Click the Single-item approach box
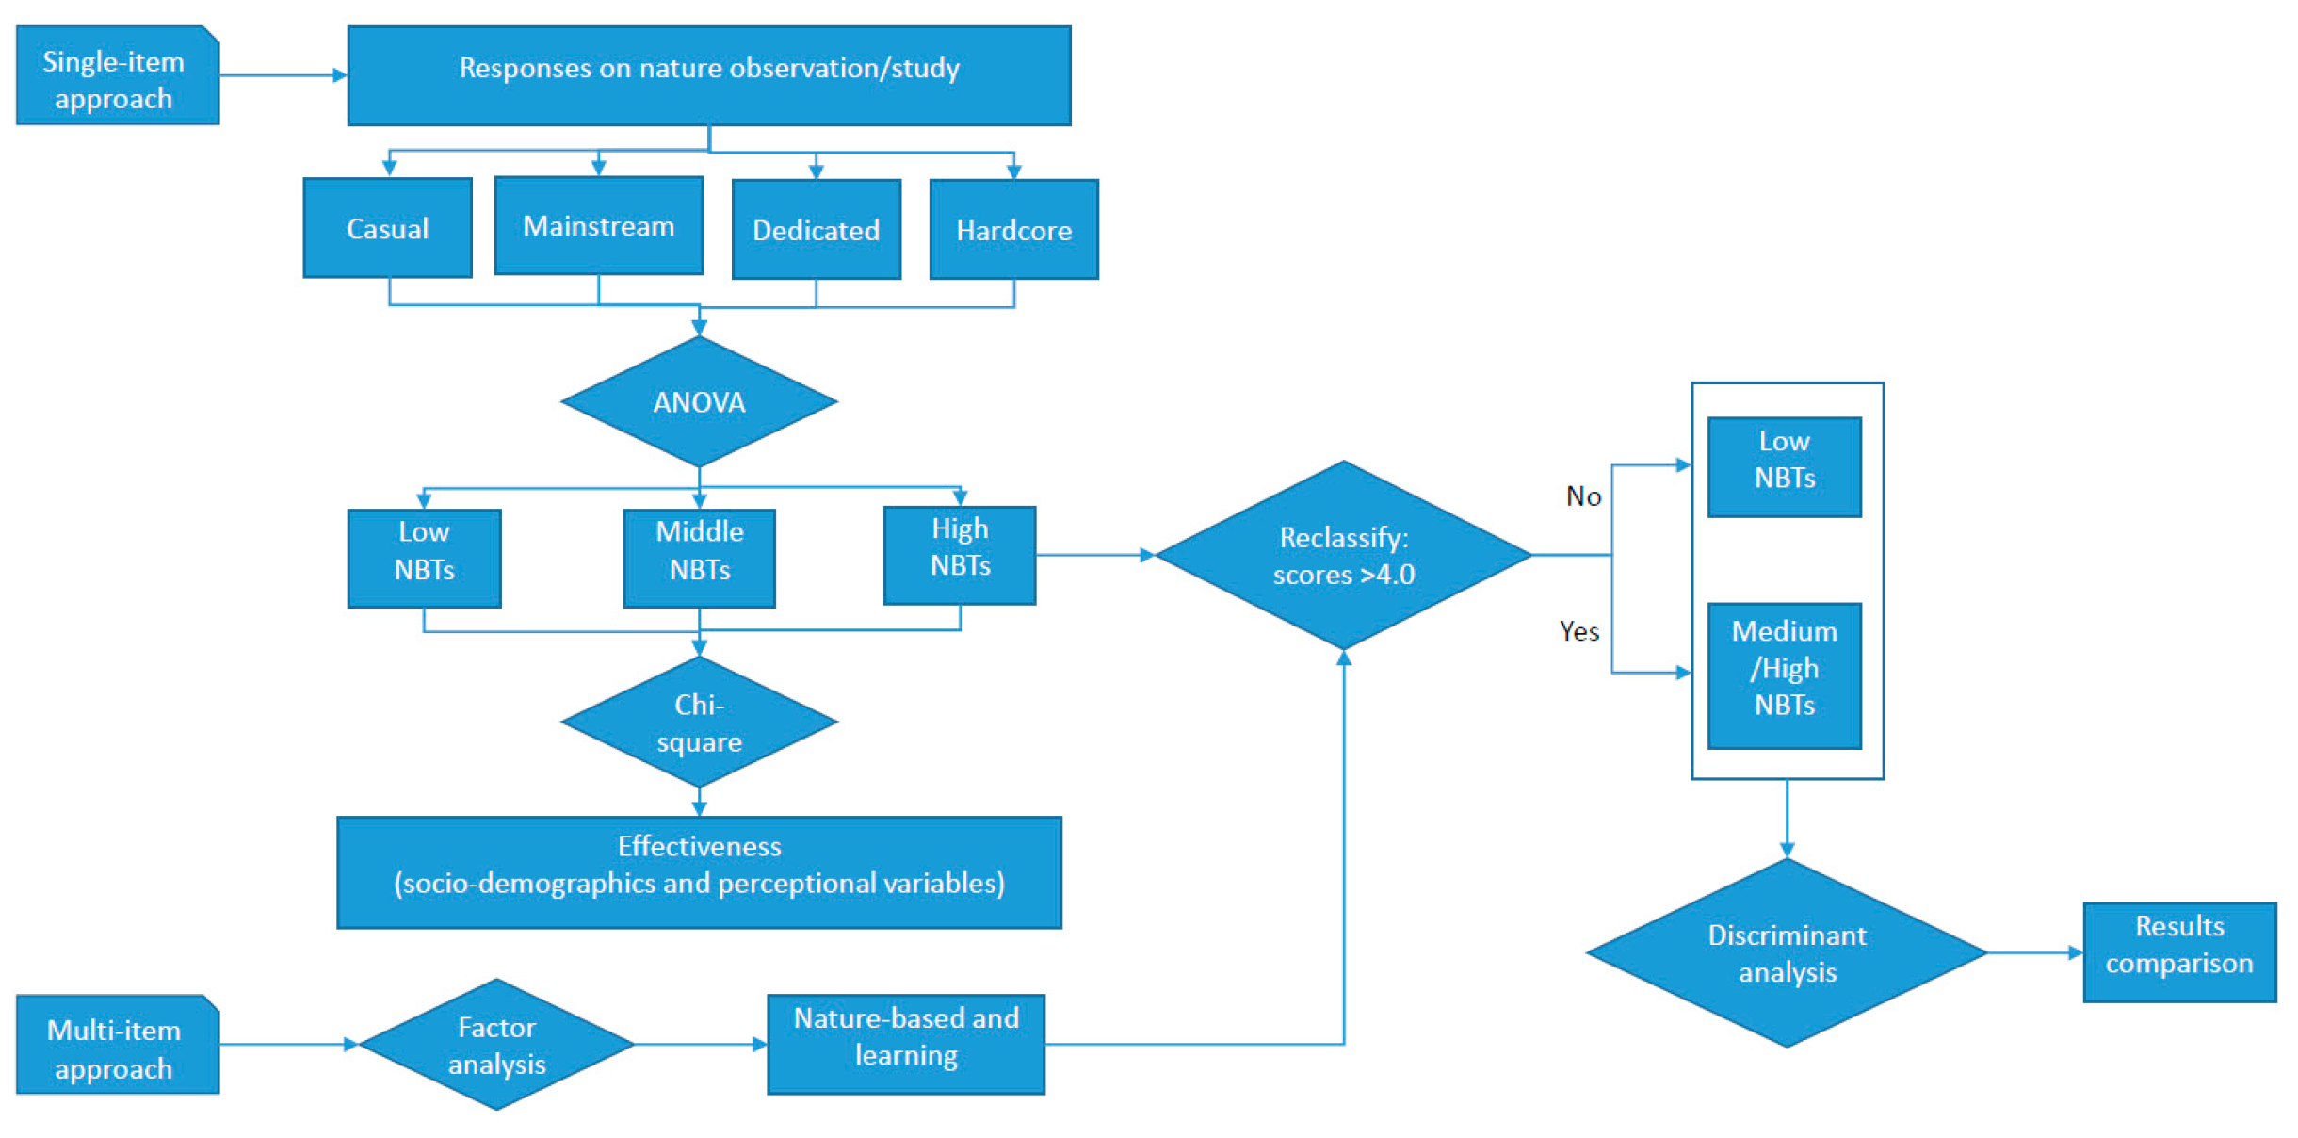(x=117, y=76)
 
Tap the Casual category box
(x=387, y=228)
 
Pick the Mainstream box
(x=598, y=226)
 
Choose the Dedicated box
(x=816, y=230)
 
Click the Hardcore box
(x=1013, y=230)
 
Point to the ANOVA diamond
(x=699, y=402)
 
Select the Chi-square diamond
(x=699, y=723)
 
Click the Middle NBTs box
(x=699, y=559)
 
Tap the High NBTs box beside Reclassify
(x=960, y=556)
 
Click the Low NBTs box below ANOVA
(x=424, y=559)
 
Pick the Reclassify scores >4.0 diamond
(x=1343, y=556)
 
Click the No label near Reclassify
(x=1583, y=496)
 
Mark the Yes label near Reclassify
(x=1578, y=631)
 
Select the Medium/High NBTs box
(x=1784, y=675)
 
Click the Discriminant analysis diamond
(x=1786, y=953)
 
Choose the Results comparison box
(x=2178, y=952)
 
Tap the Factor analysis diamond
(x=496, y=1045)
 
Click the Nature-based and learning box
(x=905, y=1044)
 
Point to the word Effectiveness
(x=699, y=846)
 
